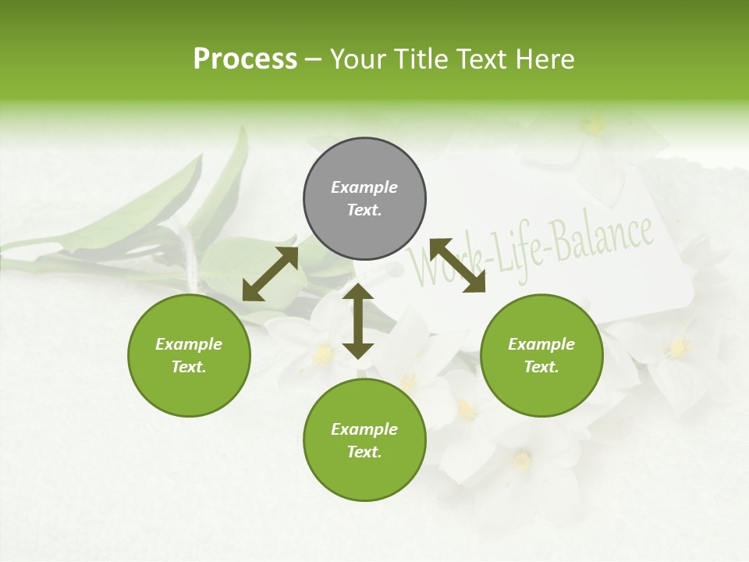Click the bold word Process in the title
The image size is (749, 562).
[245, 59]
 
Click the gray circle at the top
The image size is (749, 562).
[364, 199]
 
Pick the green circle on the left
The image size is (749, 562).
[189, 356]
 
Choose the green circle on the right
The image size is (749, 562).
[541, 356]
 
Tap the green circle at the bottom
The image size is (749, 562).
[364, 440]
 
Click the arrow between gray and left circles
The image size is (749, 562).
[271, 273]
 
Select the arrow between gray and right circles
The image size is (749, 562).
[457, 265]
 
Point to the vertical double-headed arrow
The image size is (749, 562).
[358, 321]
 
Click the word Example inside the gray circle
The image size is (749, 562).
[364, 187]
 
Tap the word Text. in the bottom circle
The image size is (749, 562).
[364, 452]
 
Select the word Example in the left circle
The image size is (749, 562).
[189, 344]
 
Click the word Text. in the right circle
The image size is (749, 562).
[541, 367]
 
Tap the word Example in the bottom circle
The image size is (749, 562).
[364, 429]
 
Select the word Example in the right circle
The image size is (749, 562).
[541, 344]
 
